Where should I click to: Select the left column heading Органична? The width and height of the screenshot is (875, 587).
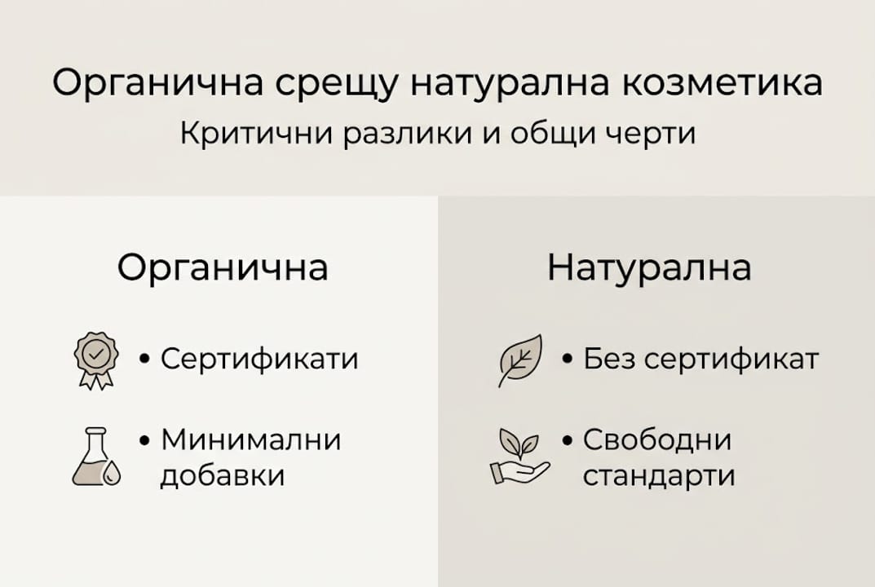223,267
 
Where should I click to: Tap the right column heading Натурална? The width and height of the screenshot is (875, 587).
649,267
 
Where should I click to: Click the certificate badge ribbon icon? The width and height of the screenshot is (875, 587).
96,360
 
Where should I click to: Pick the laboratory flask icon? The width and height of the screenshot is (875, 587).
95,457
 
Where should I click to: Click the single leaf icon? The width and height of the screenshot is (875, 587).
519,360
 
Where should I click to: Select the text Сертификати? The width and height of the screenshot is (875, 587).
259,359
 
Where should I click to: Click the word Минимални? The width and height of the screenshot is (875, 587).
250,440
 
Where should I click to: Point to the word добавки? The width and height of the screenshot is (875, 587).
222,475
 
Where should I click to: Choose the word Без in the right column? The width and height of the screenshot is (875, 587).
607,359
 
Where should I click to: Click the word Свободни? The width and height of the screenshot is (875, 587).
657,440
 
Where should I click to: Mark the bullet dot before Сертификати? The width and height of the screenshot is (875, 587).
145,360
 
